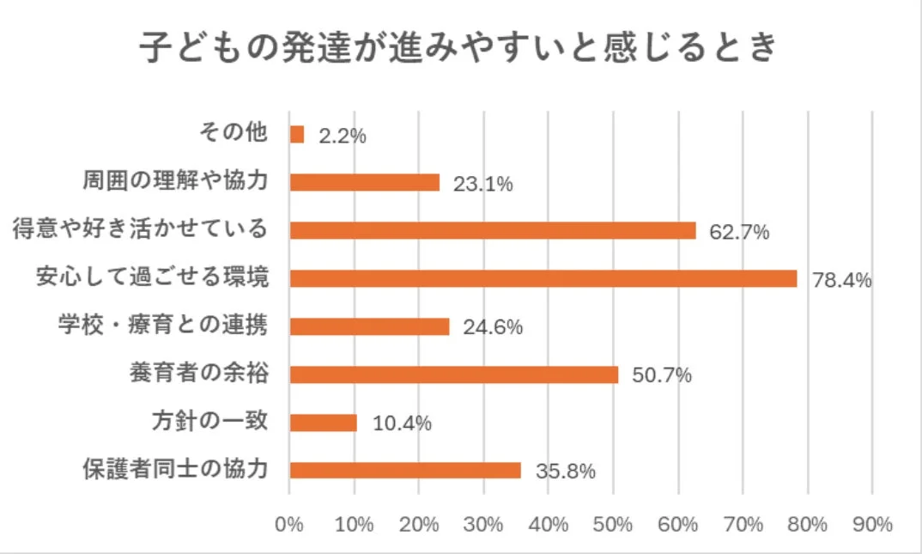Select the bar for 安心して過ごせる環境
pos(543,278)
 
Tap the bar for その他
pos(297,135)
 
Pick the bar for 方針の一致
pos(324,423)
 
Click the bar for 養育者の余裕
pos(454,374)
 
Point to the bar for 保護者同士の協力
pos(405,471)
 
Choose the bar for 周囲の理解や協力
pos(365,183)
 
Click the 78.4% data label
pos(841,280)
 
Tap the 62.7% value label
pos(738,232)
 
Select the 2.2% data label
pos(343,136)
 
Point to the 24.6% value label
pos(493,328)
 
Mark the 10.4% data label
pos(401,423)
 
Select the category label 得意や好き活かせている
pos(140,230)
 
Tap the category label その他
pos(234,134)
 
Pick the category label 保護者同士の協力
pos(175,470)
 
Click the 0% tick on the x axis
pos(289,524)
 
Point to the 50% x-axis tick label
pos(613,524)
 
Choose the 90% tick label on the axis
pos(872,524)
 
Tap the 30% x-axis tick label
pos(483,524)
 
